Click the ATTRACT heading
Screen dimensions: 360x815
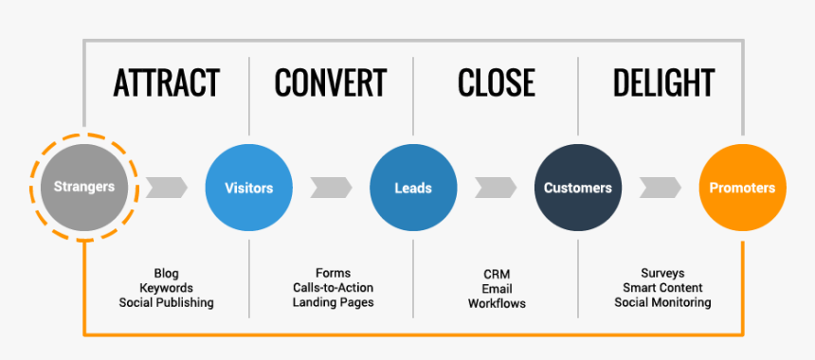point(167,83)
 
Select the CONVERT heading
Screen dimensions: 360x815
point(331,83)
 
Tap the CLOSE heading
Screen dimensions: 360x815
point(496,83)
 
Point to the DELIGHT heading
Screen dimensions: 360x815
point(663,83)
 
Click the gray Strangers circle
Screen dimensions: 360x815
point(83,188)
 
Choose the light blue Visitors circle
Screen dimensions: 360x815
point(248,188)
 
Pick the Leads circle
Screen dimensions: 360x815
point(413,188)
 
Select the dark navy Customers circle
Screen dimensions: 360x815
point(578,188)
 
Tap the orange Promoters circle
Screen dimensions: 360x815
point(742,188)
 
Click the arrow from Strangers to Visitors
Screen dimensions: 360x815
point(166,188)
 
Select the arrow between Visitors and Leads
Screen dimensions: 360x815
point(331,188)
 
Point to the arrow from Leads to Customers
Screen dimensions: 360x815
point(496,188)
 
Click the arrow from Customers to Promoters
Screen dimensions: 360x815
point(661,188)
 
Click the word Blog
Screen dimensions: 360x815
point(167,274)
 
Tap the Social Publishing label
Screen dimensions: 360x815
point(167,303)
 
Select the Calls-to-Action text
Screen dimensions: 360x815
point(333,288)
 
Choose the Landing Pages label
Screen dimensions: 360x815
point(333,303)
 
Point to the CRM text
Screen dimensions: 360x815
point(497,274)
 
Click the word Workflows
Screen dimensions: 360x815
point(497,304)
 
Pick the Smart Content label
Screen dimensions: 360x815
point(663,288)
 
